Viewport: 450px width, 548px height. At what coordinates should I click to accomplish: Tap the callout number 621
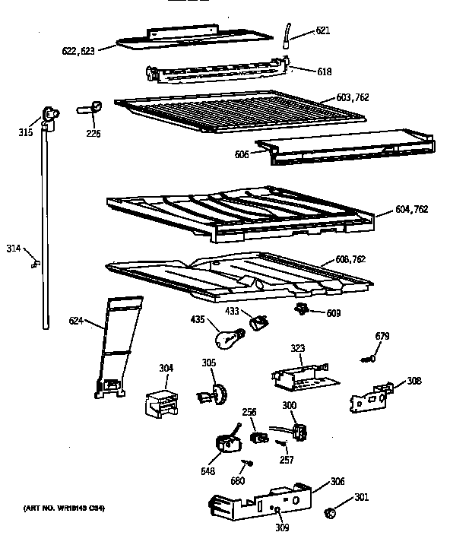click(x=323, y=31)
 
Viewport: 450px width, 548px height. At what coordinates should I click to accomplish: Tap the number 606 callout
click(x=242, y=154)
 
